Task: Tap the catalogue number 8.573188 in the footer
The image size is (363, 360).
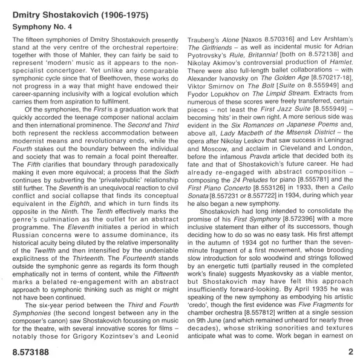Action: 28,350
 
